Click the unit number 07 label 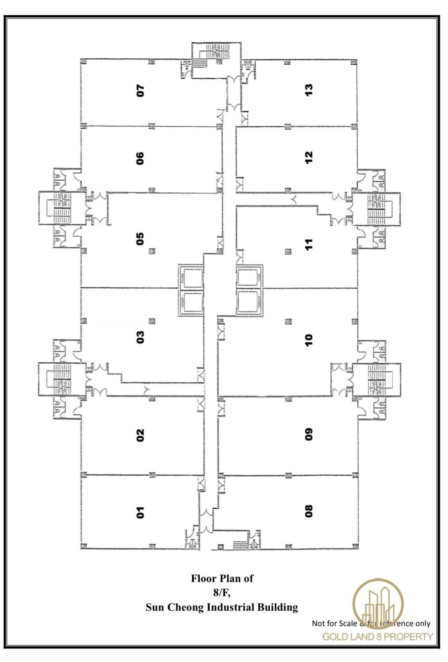pos(140,90)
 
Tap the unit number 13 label pos(309,89)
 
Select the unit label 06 pos(140,158)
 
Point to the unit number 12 pos(309,157)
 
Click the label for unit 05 pos(140,239)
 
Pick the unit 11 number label pos(309,244)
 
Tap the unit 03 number pos(140,337)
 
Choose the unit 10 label pos(309,340)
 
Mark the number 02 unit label pos(140,435)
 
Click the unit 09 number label pos(309,434)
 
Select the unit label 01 pos(140,512)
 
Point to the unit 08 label pos(309,511)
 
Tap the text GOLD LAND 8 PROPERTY pos(377,636)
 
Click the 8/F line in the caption pos(222,593)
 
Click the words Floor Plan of pos(222,579)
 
